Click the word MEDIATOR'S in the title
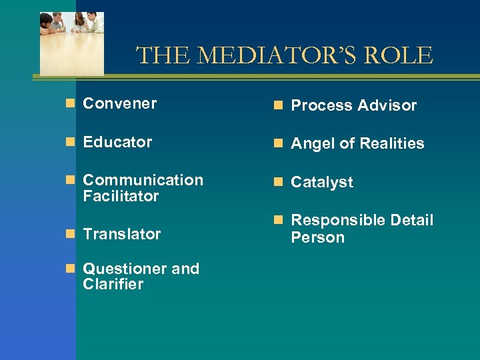275,55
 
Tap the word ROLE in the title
401,55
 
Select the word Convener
120,103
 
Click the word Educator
117,142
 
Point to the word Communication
143,180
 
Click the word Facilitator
121,196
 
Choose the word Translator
121,234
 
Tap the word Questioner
125,269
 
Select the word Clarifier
113,285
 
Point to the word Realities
391,143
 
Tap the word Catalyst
322,182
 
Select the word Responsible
337,220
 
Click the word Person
317,237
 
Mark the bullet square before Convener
71,103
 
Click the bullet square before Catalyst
279,182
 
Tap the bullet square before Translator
71,234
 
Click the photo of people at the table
72,43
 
